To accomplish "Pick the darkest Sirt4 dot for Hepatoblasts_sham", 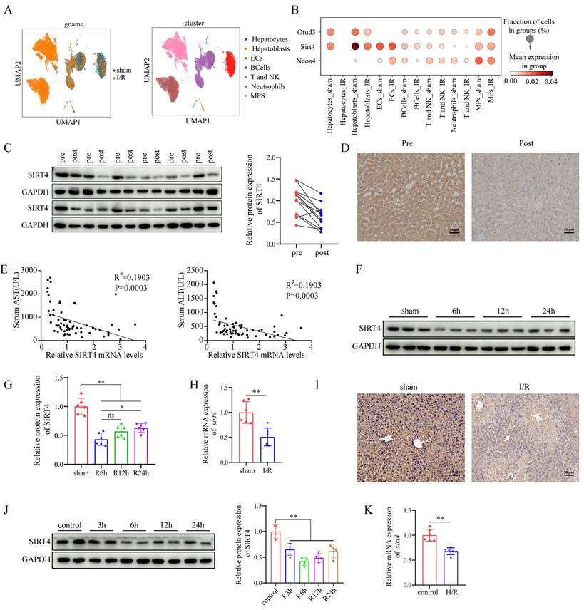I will pyautogui.click(x=354, y=46).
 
